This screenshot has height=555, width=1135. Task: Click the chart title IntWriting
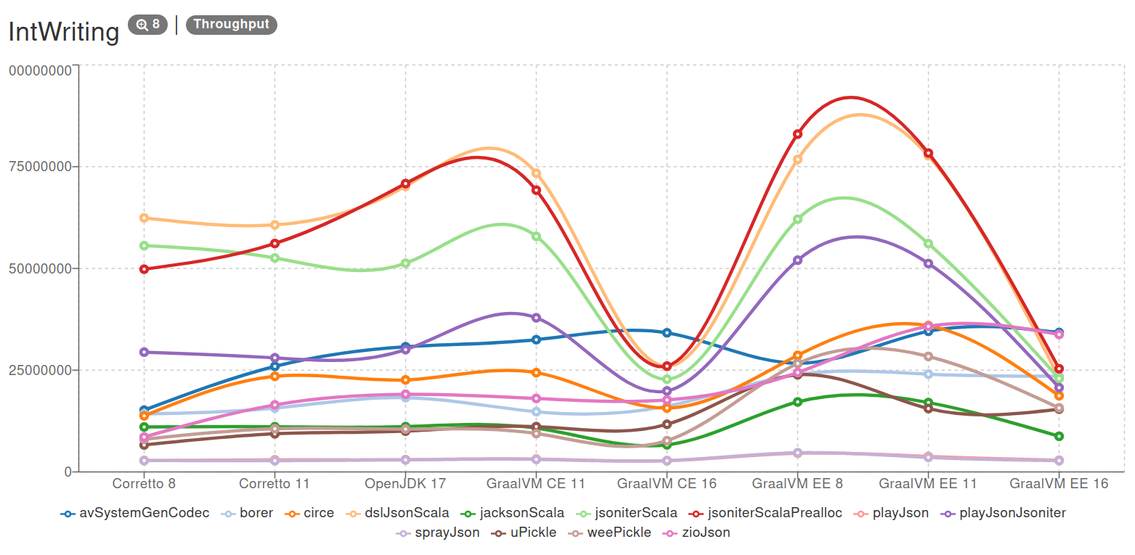(x=63, y=33)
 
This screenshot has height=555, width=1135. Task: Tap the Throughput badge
(x=231, y=25)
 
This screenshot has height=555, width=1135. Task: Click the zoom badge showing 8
(x=147, y=25)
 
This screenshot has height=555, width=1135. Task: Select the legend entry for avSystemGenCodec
(x=135, y=513)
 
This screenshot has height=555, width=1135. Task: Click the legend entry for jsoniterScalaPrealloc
(x=769, y=513)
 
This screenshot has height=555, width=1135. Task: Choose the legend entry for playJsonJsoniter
(x=1006, y=513)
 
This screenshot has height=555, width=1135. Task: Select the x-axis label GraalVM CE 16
(x=667, y=483)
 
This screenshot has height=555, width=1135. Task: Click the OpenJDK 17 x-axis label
(x=405, y=483)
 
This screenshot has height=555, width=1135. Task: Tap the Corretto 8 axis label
(x=144, y=483)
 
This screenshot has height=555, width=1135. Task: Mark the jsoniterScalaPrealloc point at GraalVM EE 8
(x=797, y=134)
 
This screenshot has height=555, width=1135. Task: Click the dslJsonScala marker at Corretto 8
(x=144, y=218)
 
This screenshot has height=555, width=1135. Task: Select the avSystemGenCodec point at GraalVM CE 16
(x=667, y=333)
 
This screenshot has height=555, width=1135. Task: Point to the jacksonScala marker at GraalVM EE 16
(x=1059, y=436)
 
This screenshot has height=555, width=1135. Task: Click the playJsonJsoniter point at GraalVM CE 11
(x=536, y=318)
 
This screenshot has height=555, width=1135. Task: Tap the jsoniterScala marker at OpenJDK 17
(x=405, y=263)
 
